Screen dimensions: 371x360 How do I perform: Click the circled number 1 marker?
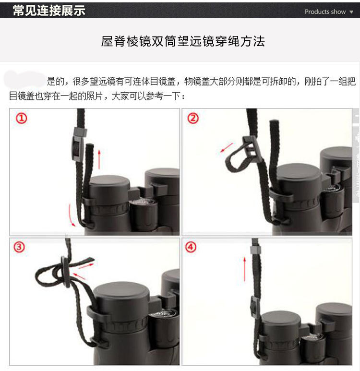pos(22,118)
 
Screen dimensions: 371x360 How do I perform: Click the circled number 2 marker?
pos(193,118)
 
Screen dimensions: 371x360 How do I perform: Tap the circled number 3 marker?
pos(19,247)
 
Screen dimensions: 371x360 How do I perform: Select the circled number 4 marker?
pos(191,247)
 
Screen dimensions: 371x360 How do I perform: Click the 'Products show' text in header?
pos(325,12)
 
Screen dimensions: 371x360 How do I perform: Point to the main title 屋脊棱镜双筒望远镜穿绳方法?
pos(183,41)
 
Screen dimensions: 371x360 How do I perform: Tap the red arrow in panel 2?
pos(227,147)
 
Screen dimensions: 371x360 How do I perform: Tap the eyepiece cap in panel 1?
pos(109,185)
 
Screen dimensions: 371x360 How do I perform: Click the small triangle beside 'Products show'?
pos(351,12)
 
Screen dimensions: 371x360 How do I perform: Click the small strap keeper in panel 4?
pos(255,250)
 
